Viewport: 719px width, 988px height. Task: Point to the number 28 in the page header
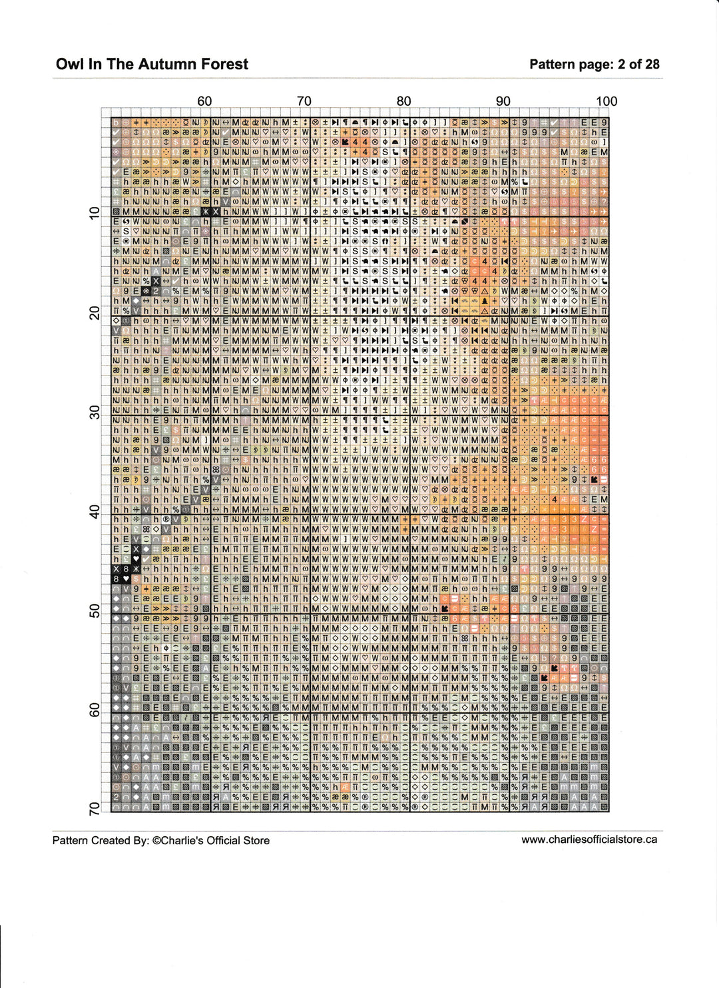pyautogui.click(x=652, y=65)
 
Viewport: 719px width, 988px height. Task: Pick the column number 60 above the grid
pyautogui.click(x=204, y=101)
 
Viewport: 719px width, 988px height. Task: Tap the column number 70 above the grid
pyautogui.click(x=304, y=101)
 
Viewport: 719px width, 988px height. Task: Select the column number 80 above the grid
pyautogui.click(x=403, y=101)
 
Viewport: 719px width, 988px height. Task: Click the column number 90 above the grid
pyautogui.click(x=503, y=101)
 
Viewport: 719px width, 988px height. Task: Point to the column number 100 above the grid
pyautogui.click(x=606, y=101)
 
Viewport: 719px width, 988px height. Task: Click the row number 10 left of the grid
pyautogui.click(x=94, y=213)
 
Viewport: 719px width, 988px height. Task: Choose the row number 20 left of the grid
pyautogui.click(x=94, y=313)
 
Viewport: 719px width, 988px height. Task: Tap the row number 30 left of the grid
pyautogui.click(x=94, y=412)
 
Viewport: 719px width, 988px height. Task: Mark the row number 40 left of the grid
pyautogui.click(x=94, y=511)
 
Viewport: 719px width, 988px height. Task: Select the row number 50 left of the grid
pyautogui.click(x=94, y=611)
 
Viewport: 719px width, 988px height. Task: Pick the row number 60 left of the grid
pyautogui.click(x=94, y=710)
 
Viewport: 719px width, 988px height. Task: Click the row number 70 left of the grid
pyautogui.click(x=94, y=808)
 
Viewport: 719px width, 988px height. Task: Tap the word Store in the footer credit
pyautogui.click(x=255, y=840)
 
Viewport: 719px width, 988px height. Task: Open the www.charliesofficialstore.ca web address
pyautogui.click(x=589, y=840)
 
